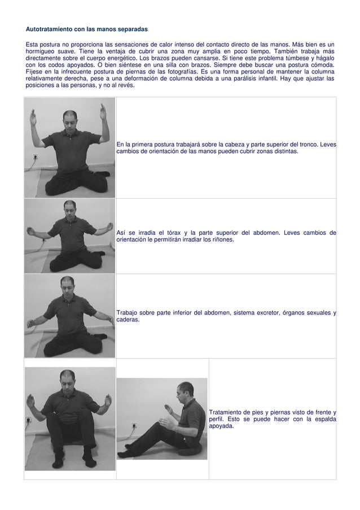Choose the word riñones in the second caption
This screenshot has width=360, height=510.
point(223,239)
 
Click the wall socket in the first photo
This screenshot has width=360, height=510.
point(35,157)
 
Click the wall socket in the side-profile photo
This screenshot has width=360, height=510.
point(134,425)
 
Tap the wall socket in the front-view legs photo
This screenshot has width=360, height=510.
point(28,420)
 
